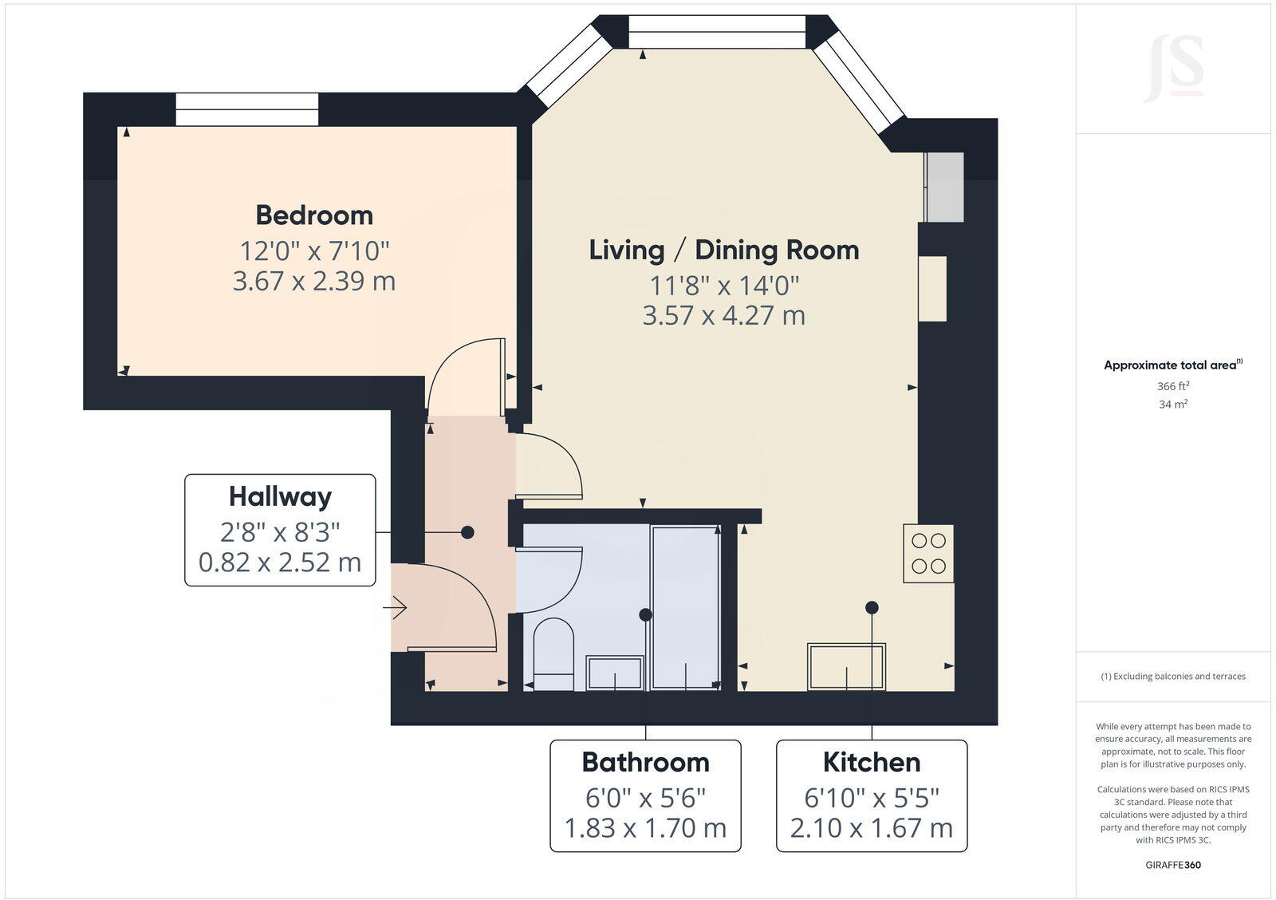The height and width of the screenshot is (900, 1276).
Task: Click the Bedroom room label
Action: coord(314,215)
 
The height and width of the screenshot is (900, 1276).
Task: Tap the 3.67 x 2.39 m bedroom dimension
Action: coord(314,281)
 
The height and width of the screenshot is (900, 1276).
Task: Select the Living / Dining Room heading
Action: coord(724,250)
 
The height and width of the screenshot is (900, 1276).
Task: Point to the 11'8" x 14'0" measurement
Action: coord(724,284)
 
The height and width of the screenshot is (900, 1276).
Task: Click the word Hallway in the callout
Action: coord(280,496)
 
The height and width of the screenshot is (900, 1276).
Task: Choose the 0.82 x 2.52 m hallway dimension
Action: coord(280,562)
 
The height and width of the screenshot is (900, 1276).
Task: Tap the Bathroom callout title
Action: coord(645,762)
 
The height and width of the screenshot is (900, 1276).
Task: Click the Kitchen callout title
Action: coord(872,762)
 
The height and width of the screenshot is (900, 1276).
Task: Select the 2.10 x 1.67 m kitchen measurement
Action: coord(872,828)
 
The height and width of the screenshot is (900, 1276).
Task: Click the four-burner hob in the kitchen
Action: coord(928,553)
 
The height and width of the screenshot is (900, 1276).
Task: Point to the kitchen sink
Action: coord(846,666)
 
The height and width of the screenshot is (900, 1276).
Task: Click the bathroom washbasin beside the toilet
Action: coord(615,672)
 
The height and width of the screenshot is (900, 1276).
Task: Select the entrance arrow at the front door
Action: coord(396,608)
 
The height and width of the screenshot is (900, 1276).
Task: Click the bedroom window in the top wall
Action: coord(246,109)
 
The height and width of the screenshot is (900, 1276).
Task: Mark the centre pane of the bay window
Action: coord(717,32)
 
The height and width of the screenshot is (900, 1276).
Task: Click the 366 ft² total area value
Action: coord(1173,386)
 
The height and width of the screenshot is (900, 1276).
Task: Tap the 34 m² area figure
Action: coord(1173,405)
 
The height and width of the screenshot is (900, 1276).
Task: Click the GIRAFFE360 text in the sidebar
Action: coord(1173,865)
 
